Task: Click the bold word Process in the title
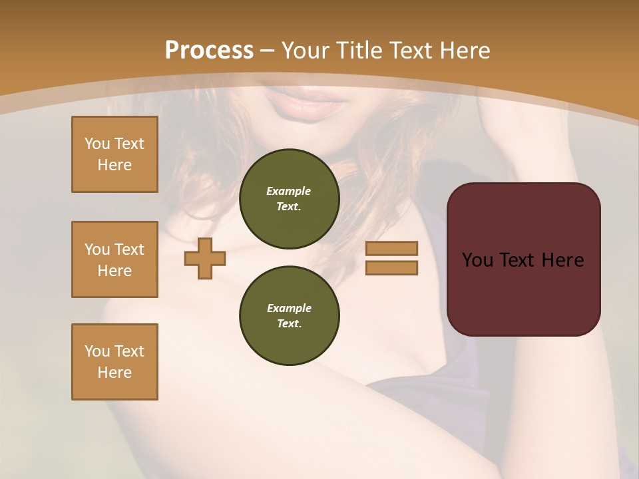(x=209, y=51)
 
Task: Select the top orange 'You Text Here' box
(x=114, y=154)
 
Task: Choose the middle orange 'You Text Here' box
(x=114, y=259)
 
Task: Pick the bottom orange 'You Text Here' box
(x=114, y=362)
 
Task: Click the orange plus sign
(x=205, y=258)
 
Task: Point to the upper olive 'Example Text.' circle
(x=289, y=199)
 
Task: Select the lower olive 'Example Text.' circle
(x=289, y=316)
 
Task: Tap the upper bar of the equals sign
(x=391, y=249)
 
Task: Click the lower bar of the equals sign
(x=391, y=268)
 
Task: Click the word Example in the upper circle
(x=289, y=191)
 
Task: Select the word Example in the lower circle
(x=289, y=308)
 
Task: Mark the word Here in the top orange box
(x=114, y=165)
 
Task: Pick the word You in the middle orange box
(x=97, y=249)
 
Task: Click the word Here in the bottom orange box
(x=114, y=373)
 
